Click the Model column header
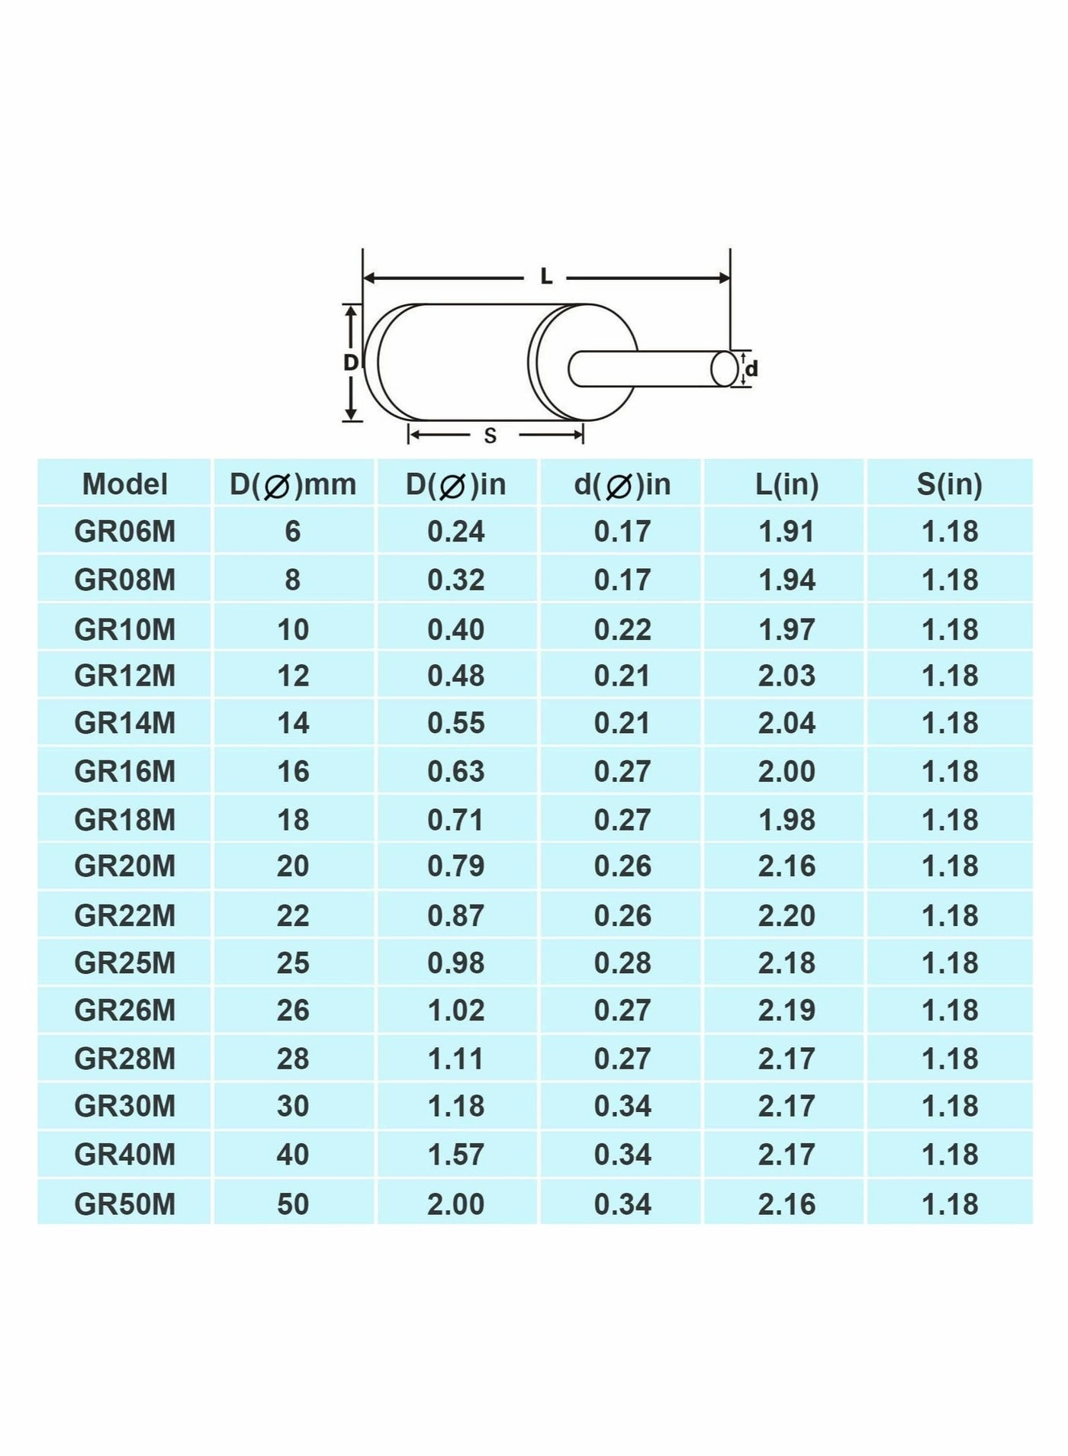point(124,484)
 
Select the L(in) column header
point(787,484)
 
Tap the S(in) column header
point(949,484)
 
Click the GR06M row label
point(124,532)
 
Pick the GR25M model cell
point(124,963)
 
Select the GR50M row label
point(124,1204)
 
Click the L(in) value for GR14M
point(787,723)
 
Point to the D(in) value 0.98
point(455,963)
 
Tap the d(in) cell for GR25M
point(622,963)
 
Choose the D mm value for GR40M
point(293,1155)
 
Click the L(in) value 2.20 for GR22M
point(787,915)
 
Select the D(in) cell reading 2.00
point(455,1204)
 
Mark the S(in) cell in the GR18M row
point(949,820)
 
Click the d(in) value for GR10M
point(622,630)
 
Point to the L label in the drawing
point(546,277)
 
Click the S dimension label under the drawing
point(490,436)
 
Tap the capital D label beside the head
point(350,362)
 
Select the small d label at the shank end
point(752,369)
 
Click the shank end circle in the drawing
point(724,369)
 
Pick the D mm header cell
point(293,484)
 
